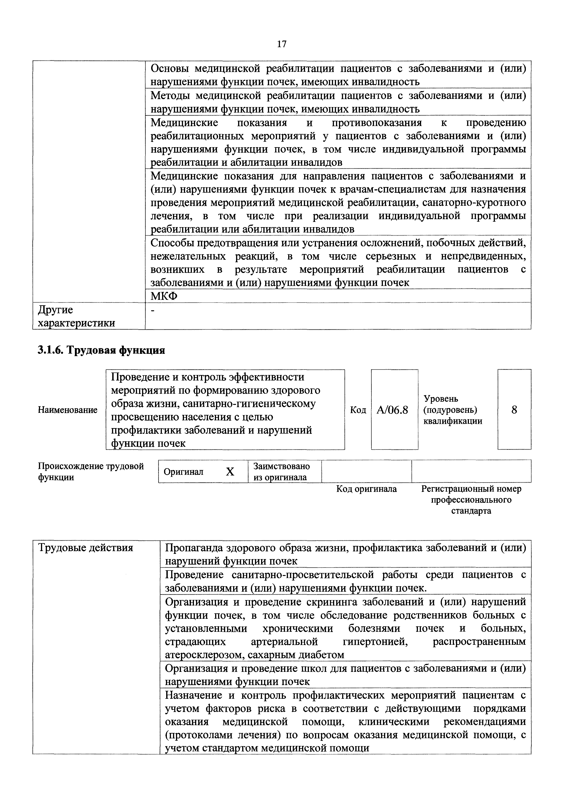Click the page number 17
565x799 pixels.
coord(282,44)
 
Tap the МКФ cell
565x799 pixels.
coord(164,296)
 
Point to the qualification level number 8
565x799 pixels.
coord(514,410)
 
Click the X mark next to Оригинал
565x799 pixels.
coord(230,472)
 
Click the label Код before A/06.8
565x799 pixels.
coord(358,410)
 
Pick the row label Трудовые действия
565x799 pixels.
coord(86,548)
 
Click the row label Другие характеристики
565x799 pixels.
coord(76,316)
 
